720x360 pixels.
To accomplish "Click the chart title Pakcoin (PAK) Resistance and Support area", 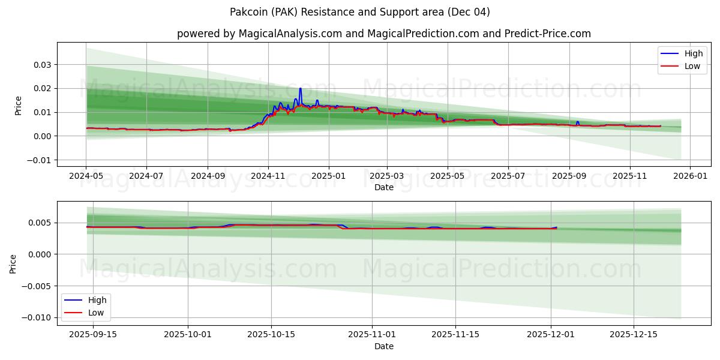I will (x=360, y=12).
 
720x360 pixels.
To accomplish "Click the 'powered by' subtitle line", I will (x=384, y=34).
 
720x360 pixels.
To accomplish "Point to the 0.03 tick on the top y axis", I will (x=42, y=65).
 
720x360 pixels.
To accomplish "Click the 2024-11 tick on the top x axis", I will (x=268, y=177).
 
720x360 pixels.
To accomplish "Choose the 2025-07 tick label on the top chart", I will (x=508, y=177).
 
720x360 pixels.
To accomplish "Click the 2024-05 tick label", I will (x=86, y=177).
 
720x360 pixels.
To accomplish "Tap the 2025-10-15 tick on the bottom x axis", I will (x=271, y=335).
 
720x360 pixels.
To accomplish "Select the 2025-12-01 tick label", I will (x=551, y=335).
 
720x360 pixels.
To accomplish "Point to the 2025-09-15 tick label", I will (x=92, y=335).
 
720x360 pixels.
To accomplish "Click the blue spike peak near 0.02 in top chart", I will (x=300, y=89).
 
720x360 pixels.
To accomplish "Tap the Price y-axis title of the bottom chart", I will (x=13, y=263).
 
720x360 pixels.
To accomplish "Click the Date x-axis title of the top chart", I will (x=384, y=187).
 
